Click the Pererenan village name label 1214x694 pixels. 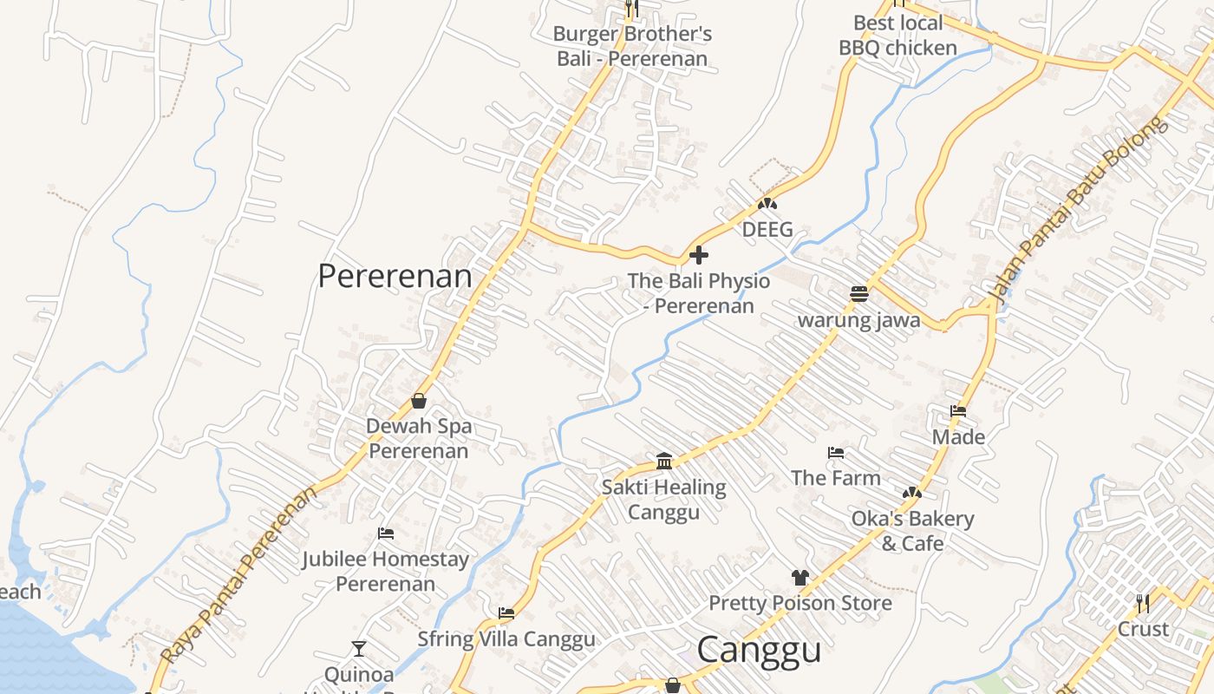coord(395,276)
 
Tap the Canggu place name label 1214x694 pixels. coord(759,650)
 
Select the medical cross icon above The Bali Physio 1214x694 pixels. coord(698,255)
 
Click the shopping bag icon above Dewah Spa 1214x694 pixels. coord(419,401)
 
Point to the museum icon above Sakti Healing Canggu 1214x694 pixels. coord(664,461)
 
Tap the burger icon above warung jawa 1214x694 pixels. coord(859,294)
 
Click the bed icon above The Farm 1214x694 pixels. coord(836,453)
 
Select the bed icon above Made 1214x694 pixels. coord(958,411)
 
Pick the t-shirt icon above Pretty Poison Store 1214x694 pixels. coord(800,578)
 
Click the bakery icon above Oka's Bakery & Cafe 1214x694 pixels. coord(911,493)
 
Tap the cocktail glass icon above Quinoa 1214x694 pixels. coord(359,648)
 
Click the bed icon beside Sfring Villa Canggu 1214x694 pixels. coord(506,613)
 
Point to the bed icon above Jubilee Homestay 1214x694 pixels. coord(386,534)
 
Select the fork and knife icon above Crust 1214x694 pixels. coord(1143,602)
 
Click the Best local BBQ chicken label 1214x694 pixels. coord(897,36)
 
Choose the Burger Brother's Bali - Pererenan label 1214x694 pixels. coord(632,46)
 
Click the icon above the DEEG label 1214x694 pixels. coord(767,205)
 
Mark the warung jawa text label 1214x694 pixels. coord(858,319)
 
